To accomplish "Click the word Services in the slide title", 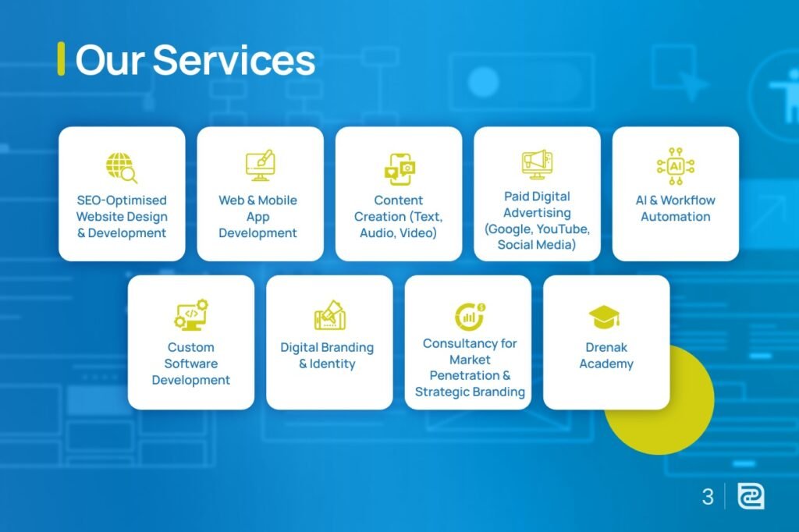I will point(233,60).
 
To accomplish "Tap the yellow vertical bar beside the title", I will point(61,59).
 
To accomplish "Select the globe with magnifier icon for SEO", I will point(122,168).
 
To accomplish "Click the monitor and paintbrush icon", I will point(260,165).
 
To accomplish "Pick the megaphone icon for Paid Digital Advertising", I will point(537,165).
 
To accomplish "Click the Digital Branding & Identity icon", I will point(329,315).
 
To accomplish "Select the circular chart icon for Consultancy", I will point(469,315).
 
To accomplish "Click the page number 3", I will point(708,497).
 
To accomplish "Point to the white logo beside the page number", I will point(751,497).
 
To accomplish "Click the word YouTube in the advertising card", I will point(562,229).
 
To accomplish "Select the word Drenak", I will point(606,347).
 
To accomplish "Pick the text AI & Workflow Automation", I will point(675,208).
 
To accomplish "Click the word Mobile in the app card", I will point(278,200).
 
